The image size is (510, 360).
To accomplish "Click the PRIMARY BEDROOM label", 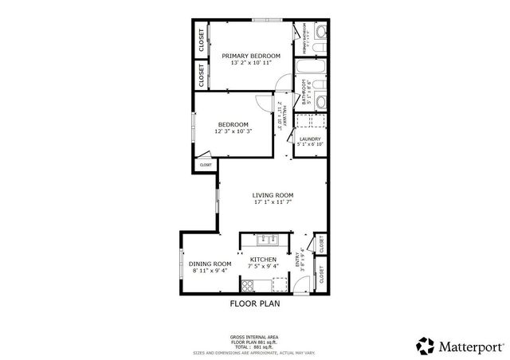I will click(x=251, y=55).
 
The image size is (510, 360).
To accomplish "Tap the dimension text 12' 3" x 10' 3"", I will click(x=233, y=131).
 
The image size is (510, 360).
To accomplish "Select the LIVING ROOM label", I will click(x=273, y=195).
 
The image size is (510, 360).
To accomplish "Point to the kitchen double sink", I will click(x=266, y=238).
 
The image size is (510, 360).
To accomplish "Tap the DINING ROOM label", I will click(x=210, y=264).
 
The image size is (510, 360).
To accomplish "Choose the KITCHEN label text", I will click(x=263, y=260).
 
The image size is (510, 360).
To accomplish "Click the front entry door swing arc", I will click(x=292, y=244).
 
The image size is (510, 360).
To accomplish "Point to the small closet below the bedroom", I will click(x=206, y=164).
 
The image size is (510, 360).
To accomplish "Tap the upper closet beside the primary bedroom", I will click(x=202, y=41).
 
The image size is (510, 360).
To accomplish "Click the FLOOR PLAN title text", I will click(x=255, y=303).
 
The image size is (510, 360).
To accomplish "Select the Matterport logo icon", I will click(x=425, y=345).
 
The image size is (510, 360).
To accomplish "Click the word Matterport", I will click(x=469, y=346).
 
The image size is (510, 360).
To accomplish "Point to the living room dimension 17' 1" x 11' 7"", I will click(x=273, y=202).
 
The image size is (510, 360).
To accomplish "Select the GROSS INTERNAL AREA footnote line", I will click(x=255, y=337).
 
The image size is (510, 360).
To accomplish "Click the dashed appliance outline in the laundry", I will click(x=309, y=122).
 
